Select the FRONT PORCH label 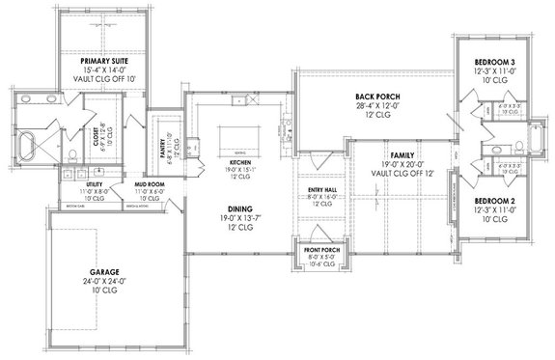click(319, 253)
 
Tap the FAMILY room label click(402, 154)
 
